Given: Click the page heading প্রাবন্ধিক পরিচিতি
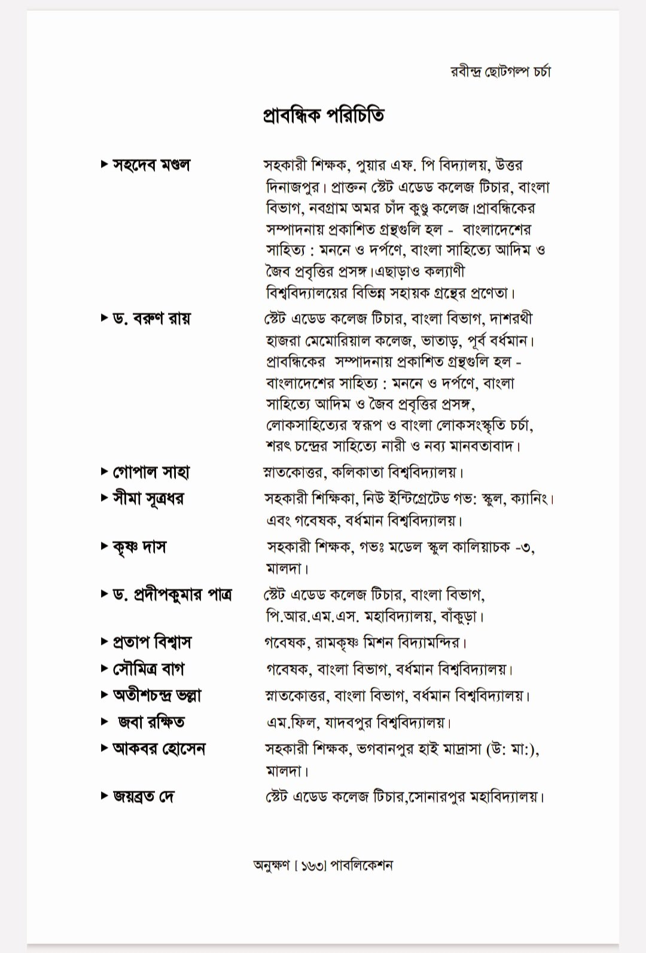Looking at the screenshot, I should (x=323, y=114).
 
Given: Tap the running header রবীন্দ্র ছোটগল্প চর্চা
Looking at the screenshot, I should (x=500, y=72).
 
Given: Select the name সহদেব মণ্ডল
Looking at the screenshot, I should (x=151, y=164).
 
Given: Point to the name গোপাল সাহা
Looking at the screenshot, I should (x=151, y=473).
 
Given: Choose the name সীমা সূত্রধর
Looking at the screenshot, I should (x=148, y=498).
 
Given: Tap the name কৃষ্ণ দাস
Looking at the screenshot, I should (x=139, y=546).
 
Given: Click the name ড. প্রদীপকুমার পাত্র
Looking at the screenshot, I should (x=172, y=595).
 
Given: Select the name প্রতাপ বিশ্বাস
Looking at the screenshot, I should (x=152, y=642).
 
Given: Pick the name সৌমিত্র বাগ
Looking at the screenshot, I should (x=148, y=669).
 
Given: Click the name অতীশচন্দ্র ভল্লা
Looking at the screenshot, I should (x=157, y=695).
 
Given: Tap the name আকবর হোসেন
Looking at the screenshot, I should (x=159, y=749).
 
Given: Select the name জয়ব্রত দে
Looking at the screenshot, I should (x=143, y=796).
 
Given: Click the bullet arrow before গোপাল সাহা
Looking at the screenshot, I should (x=105, y=472).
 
